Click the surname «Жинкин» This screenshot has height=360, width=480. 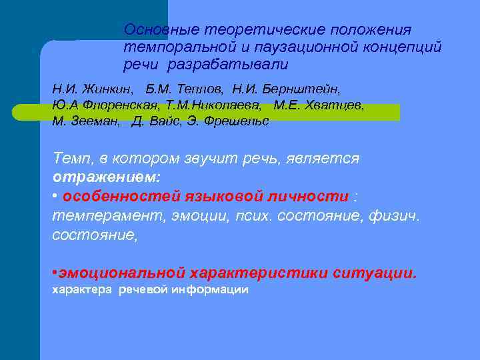pyautogui.click(x=107, y=89)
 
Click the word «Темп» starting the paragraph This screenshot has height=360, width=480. pyautogui.click(x=72, y=159)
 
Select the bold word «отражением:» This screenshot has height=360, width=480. pyautogui.click(x=107, y=178)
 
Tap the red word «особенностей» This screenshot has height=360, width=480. pyautogui.click(x=117, y=197)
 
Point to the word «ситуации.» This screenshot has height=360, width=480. pyautogui.click(x=377, y=273)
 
